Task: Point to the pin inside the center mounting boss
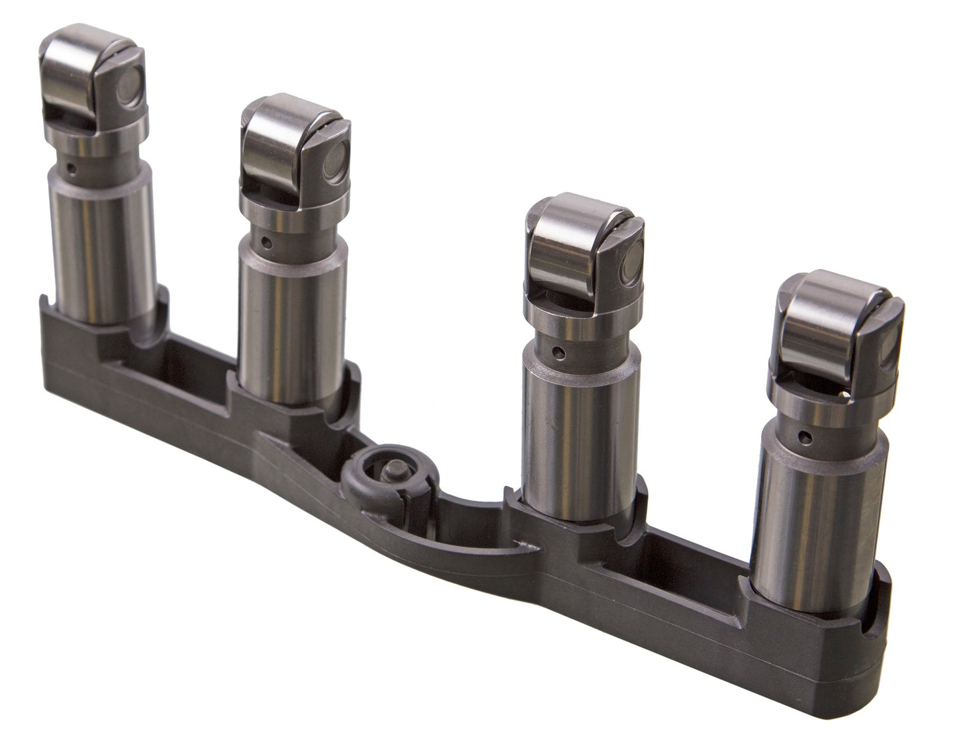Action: coord(389,468)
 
